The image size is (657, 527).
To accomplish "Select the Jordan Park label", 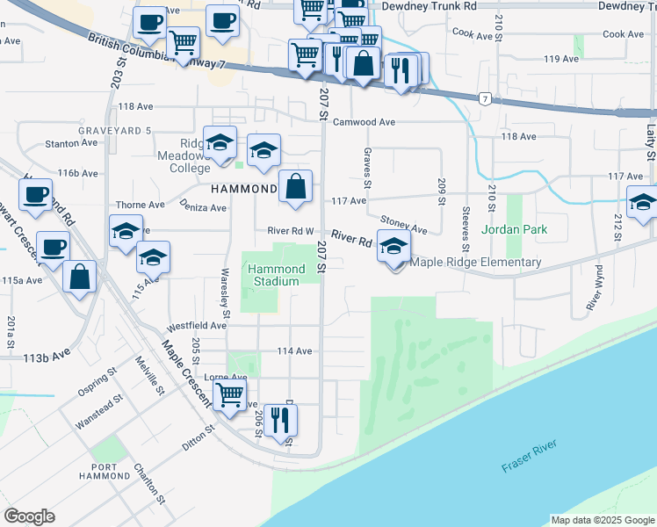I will pos(515,230).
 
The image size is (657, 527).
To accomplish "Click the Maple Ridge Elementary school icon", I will pos(393,246).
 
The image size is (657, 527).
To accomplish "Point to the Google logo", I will pos(29,516).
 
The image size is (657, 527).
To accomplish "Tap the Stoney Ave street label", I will pos(404,224).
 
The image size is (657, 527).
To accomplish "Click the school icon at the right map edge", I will pos(643,202).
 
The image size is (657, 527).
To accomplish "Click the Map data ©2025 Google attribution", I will pos(603,520).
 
